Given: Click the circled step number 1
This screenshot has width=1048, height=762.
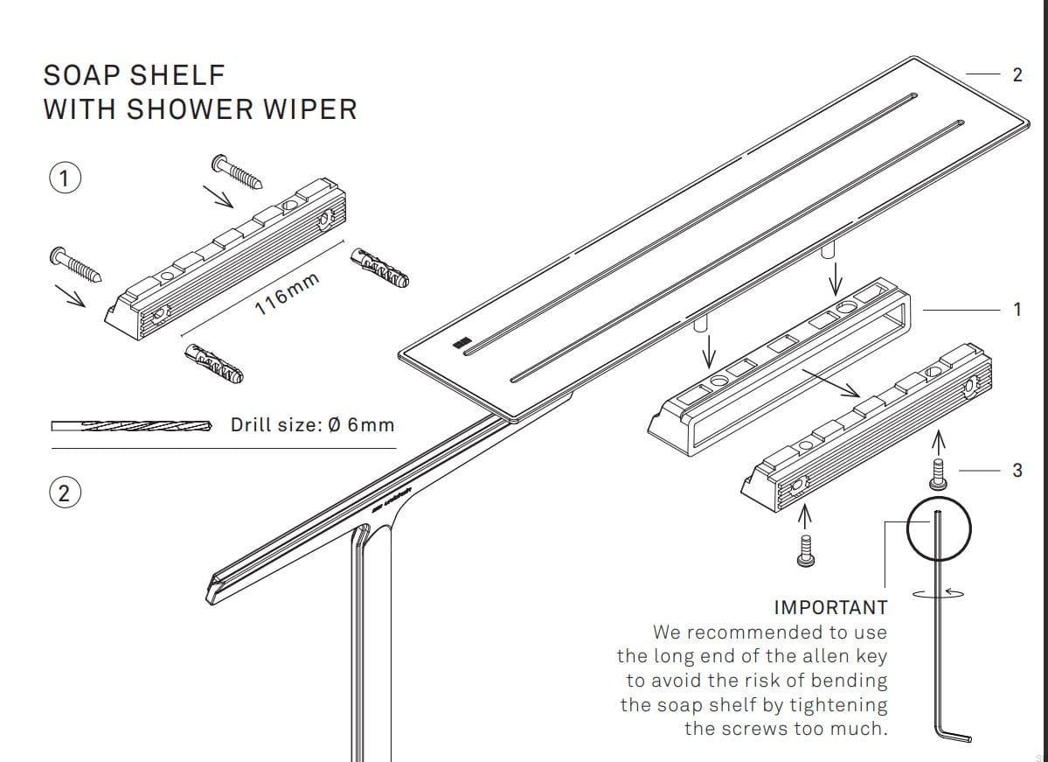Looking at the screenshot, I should [63, 178].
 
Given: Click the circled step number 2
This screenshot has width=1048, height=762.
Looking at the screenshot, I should [63, 493].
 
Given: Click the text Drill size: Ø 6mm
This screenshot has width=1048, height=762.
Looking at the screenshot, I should [312, 425].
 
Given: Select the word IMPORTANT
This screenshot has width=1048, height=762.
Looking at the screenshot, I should [830, 607].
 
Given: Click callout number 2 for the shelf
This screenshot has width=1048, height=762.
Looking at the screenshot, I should [1017, 75].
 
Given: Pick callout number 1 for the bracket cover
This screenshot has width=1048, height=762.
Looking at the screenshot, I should [1017, 309].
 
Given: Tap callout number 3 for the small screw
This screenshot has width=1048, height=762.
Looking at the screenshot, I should [1017, 470].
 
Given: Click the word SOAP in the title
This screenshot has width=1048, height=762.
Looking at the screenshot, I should [83, 75].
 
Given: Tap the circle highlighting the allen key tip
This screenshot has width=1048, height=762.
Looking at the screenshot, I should [938, 528].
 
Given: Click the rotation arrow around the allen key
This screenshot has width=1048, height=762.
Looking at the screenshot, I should [939, 592].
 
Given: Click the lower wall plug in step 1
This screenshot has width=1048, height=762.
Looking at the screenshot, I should [214, 364].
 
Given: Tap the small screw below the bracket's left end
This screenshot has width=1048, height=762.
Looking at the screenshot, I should [806, 549].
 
